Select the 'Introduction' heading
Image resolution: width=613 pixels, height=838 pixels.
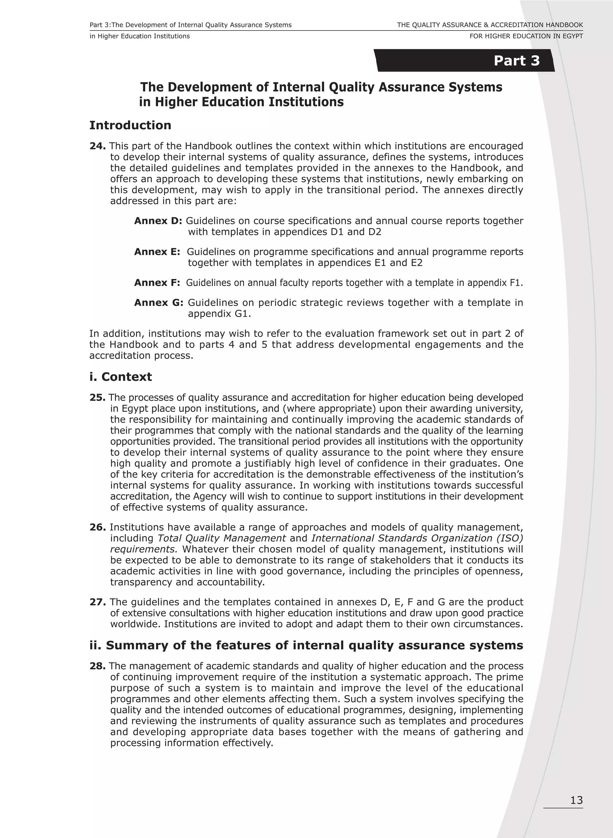click(x=130, y=125)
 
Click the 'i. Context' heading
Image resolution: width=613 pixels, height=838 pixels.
click(x=121, y=377)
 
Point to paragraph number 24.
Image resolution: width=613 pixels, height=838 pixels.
click(x=98, y=146)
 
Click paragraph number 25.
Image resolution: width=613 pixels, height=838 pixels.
click(x=97, y=398)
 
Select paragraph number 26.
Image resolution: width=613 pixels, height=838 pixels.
click(x=98, y=527)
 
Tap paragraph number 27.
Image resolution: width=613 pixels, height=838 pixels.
click(x=98, y=602)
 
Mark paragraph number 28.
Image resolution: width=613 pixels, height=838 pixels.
click(x=98, y=666)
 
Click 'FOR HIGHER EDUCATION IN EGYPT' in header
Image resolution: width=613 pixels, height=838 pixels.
click(x=526, y=36)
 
